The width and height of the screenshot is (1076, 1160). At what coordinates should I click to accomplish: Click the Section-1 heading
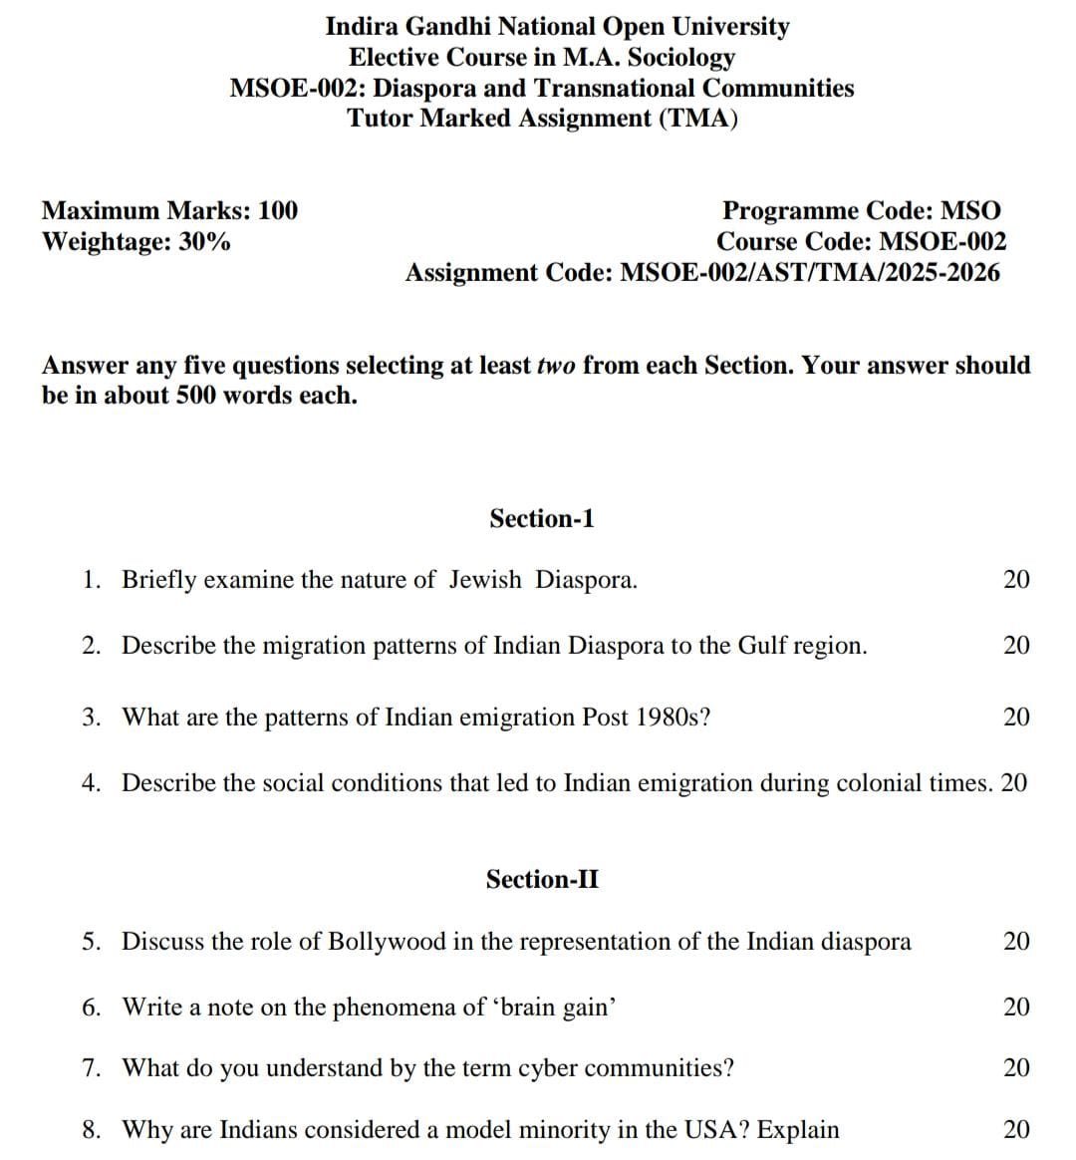[541, 518]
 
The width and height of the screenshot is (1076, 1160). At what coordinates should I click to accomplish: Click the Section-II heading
[542, 879]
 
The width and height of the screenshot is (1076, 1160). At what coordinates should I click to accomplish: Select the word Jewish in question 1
[484, 580]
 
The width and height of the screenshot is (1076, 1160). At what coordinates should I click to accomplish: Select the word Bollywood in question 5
[387, 942]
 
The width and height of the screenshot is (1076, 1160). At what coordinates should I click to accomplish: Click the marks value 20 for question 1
[1016, 580]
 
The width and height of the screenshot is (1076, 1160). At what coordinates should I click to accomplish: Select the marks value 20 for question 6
[1016, 1008]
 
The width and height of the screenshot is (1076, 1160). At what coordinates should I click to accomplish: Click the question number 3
[91, 718]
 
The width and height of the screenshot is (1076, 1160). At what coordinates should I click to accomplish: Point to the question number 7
[91, 1068]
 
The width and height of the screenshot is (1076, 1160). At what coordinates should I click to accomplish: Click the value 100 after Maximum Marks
[277, 210]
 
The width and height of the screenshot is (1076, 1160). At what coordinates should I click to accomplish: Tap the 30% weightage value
[204, 241]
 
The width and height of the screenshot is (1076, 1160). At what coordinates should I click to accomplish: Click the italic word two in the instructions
[556, 366]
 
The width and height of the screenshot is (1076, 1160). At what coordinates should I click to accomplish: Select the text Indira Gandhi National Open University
[557, 27]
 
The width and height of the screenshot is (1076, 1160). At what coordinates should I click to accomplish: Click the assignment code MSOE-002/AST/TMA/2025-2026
[810, 272]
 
